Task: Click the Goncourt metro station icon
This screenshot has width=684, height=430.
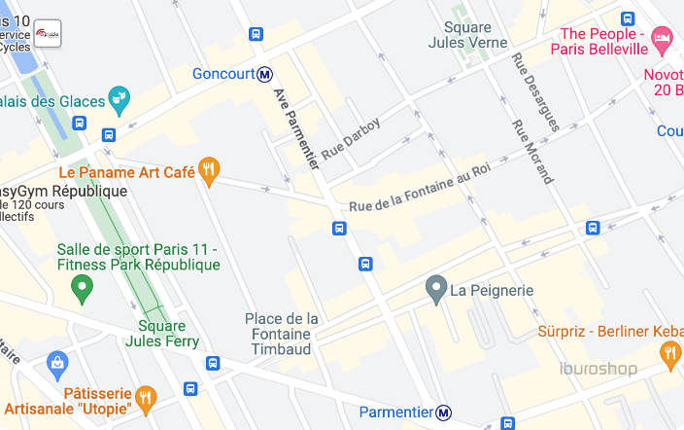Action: (264, 74)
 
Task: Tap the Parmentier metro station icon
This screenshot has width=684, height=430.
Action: (444, 412)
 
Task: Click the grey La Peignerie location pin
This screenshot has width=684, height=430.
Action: (436, 289)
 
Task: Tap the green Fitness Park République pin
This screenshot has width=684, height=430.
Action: (83, 287)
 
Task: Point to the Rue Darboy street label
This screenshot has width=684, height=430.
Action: (351, 139)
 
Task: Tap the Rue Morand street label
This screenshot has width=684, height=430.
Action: (532, 152)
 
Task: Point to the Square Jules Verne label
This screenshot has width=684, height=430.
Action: (467, 35)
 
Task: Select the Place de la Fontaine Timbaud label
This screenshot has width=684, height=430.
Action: (281, 334)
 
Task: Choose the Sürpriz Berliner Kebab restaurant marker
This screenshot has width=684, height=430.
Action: (669, 354)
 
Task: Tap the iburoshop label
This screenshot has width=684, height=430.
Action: (598, 369)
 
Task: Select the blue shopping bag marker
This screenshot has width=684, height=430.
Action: (57, 366)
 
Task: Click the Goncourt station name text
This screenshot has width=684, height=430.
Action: (222, 74)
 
